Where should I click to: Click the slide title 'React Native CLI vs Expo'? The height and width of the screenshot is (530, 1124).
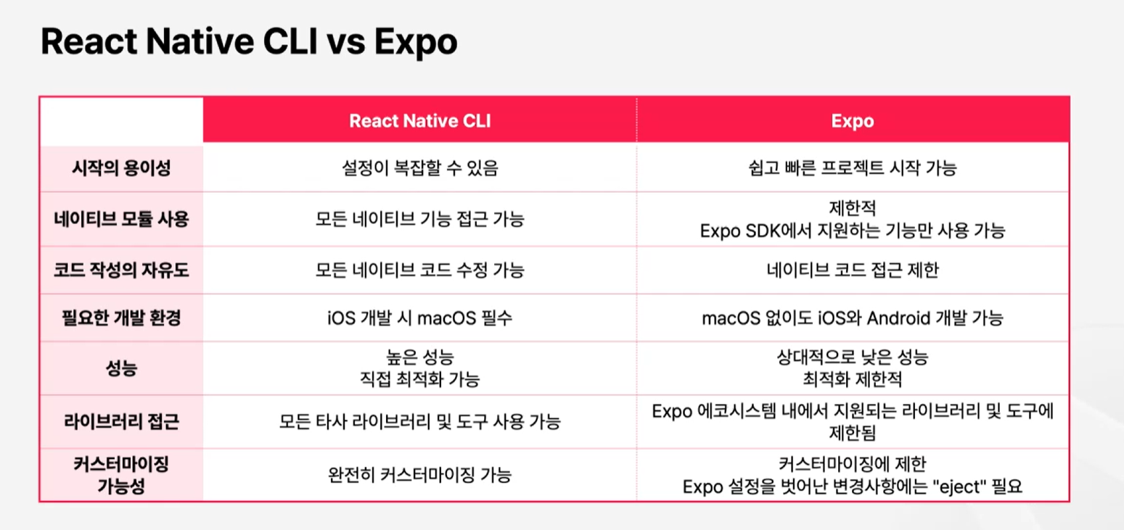point(249,41)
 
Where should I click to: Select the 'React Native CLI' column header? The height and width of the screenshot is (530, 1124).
point(420,121)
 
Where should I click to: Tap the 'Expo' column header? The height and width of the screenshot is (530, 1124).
point(853,121)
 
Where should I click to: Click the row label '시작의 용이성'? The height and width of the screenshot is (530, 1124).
point(121,168)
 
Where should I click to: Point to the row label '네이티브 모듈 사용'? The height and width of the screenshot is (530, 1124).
point(121,219)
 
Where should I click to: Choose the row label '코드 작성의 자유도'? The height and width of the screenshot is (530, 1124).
point(121,270)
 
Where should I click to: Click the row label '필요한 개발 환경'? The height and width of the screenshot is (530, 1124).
point(121,318)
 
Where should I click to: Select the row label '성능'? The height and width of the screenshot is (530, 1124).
point(121,368)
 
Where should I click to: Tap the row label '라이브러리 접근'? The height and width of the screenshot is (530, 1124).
point(121,422)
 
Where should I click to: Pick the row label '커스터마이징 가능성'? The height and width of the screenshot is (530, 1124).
point(121,475)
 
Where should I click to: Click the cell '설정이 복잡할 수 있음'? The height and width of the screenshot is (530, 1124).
point(420,168)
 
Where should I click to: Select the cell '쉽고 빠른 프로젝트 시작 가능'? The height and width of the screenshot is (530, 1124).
point(853,168)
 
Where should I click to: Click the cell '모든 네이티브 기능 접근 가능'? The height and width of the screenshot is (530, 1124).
point(420,219)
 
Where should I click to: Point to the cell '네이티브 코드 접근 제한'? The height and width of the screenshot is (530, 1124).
point(853,270)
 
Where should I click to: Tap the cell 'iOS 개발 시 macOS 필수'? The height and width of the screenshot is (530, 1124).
point(420,318)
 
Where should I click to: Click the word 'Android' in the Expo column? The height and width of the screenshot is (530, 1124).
point(899,318)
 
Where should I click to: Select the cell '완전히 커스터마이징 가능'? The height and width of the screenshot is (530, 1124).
point(420,475)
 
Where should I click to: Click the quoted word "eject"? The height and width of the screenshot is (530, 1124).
point(959,486)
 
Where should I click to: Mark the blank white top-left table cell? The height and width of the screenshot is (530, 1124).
point(122,121)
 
